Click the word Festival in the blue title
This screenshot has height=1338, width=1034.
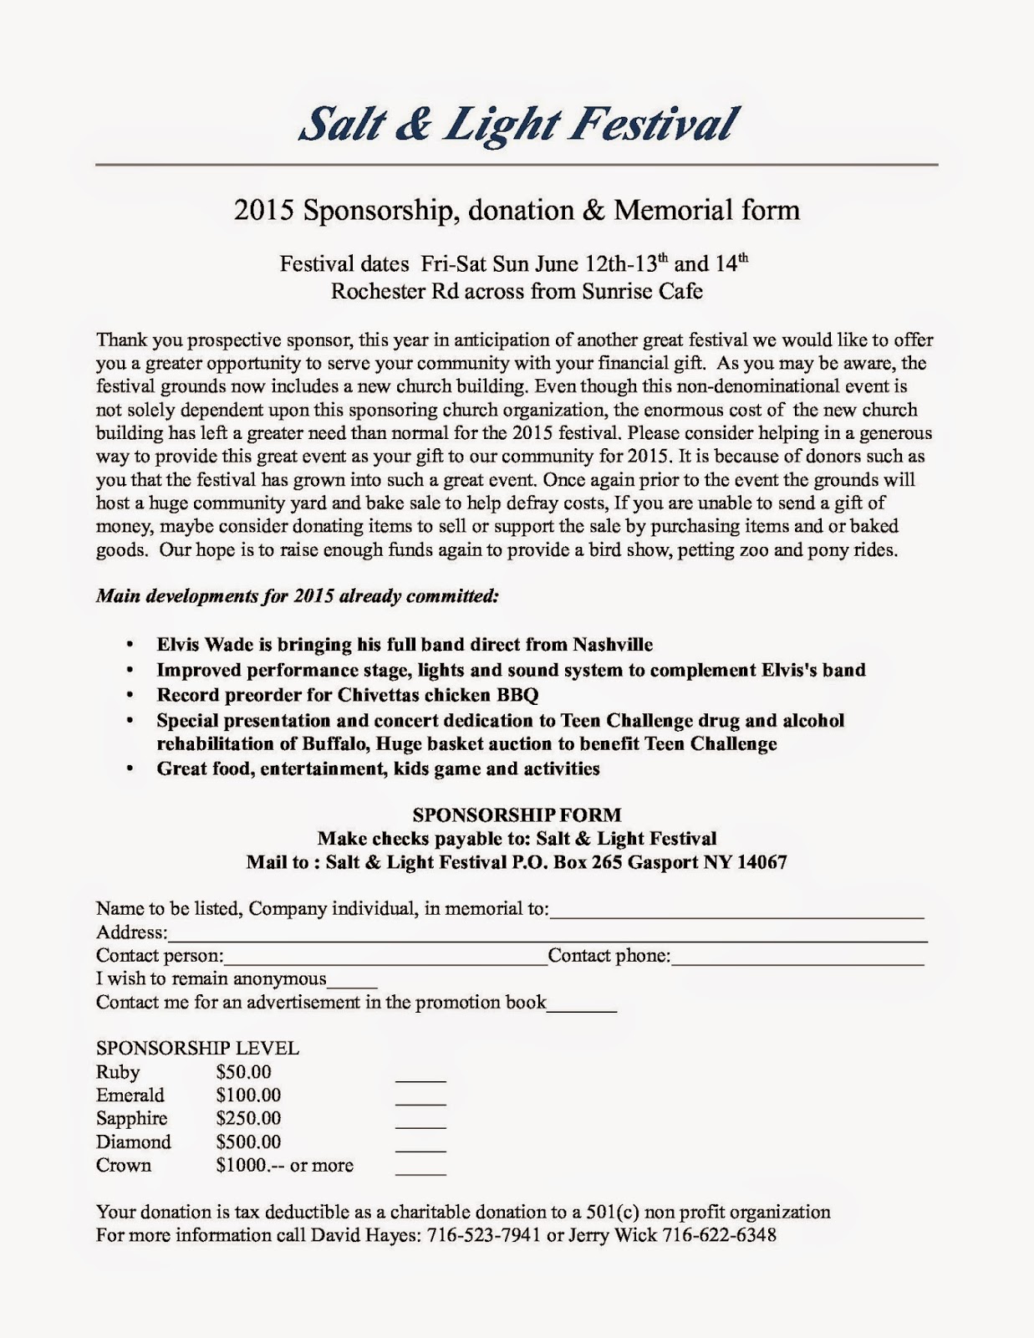pos(654,124)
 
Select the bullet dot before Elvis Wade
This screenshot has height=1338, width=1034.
pos(129,646)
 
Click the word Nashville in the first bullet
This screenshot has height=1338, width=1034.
pos(613,645)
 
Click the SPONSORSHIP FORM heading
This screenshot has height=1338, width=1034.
pos(517,815)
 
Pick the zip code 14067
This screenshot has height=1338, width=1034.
pos(761,862)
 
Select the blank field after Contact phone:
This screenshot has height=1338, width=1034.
pos(797,962)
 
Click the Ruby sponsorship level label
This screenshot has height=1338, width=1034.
pos(118,1072)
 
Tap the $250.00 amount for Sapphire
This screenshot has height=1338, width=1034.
pos(248,1119)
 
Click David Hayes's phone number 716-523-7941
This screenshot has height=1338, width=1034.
pos(484,1235)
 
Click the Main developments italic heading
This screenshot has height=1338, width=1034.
pos(298,596)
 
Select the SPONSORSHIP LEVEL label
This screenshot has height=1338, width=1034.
pos(197,1049)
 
